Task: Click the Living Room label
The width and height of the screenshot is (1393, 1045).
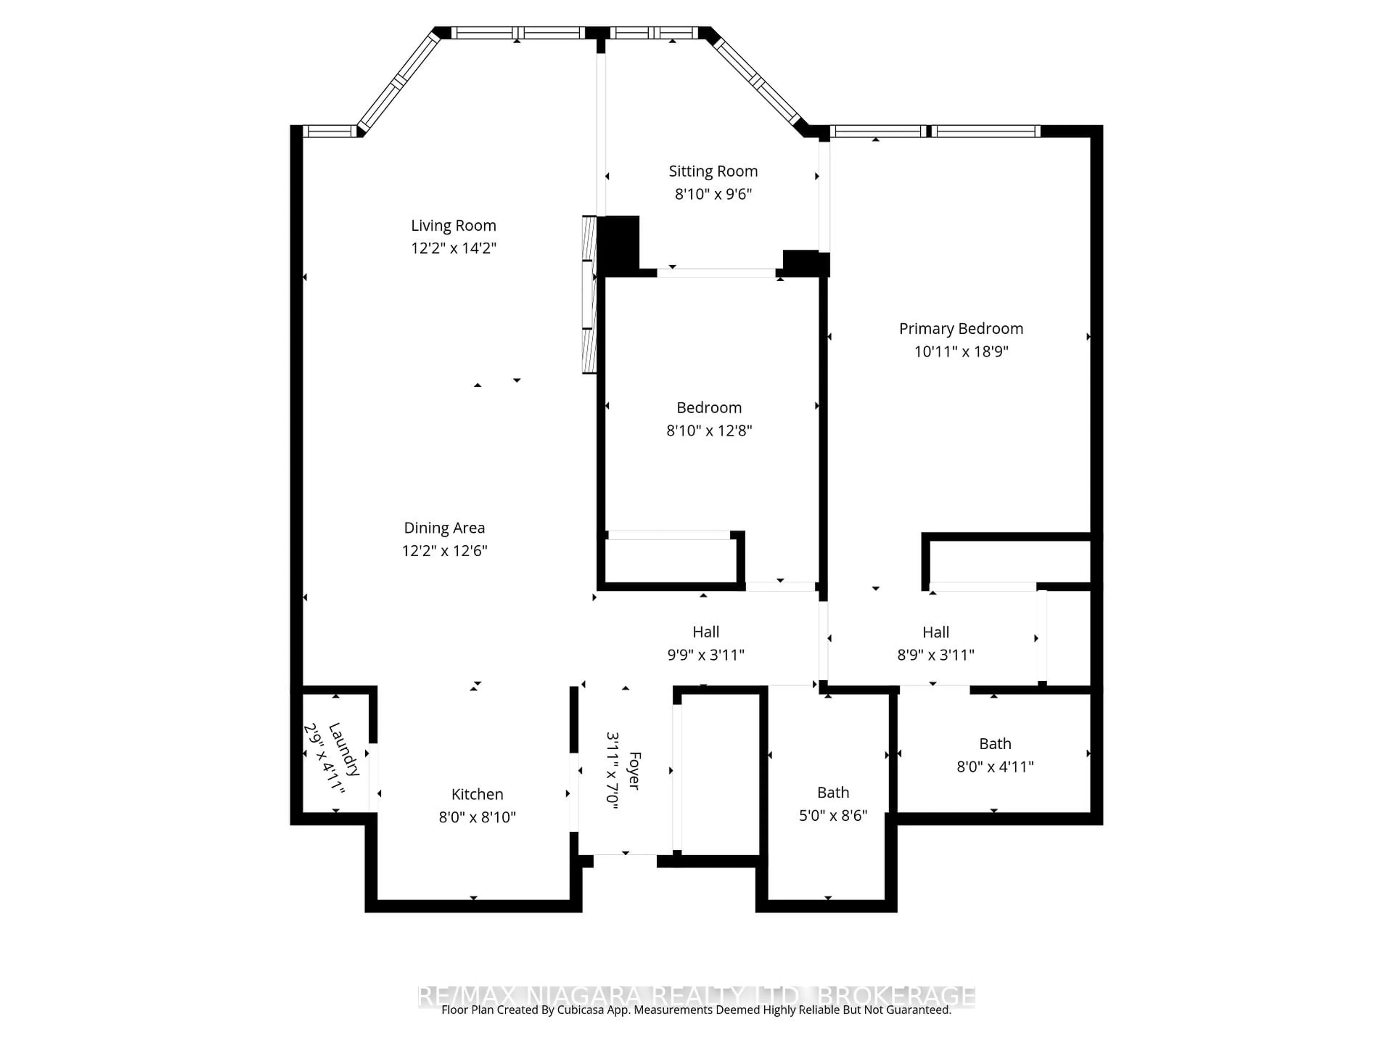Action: (453, 225)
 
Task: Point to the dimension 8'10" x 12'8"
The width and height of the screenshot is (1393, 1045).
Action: (709, 431)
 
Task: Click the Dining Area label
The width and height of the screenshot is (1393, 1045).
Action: (444, 528)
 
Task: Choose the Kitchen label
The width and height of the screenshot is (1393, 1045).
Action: (477, 794)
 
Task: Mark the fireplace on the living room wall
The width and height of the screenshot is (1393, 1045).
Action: (589, 295)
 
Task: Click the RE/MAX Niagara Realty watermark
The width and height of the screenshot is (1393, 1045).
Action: (696, 996)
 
